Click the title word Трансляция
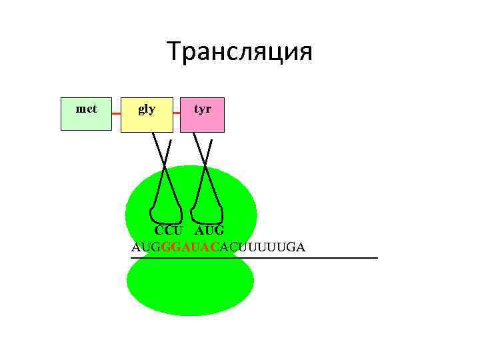(x=239, y=51)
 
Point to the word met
(x=86, y=108)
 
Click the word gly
(x=147, y=109)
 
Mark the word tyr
(x=202, y=108)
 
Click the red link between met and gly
(x=116, y=114)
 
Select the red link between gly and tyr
(x=176, y=114)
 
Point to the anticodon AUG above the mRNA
(x=209, y=231)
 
